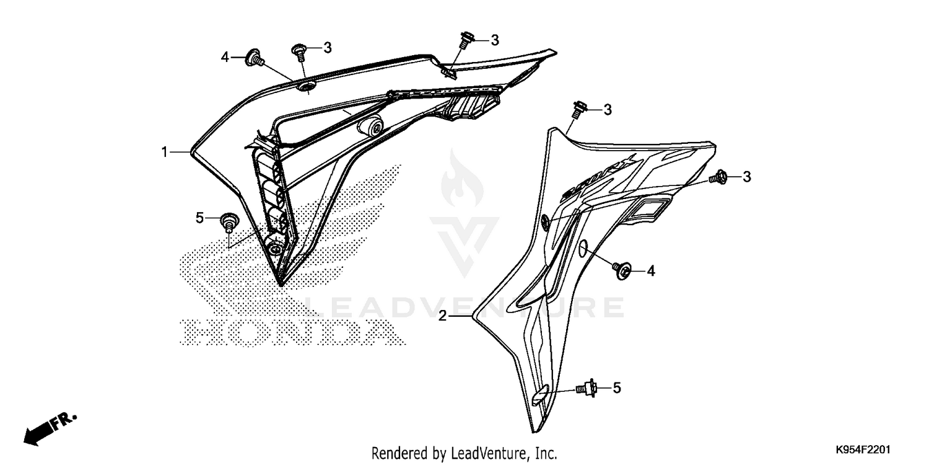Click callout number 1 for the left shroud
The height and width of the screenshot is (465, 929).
click(165, 152)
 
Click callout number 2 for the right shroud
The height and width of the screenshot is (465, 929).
click(443, 316)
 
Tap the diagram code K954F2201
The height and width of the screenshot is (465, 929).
click(865, 448)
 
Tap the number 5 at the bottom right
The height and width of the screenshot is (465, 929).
click(617, 388)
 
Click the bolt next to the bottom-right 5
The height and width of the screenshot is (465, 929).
click(586, 389)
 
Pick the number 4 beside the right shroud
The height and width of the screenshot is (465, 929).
click(651, 271)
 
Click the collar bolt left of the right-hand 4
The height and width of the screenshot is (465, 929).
click(622, 268)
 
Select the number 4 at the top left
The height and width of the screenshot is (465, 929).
click(225, 58)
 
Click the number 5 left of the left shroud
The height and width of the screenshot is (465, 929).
click(199, 218)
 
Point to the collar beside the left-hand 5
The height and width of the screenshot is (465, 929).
click(229, 221)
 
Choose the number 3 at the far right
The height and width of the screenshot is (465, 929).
click(747, 177)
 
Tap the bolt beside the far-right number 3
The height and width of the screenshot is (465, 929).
click(720, 177)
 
